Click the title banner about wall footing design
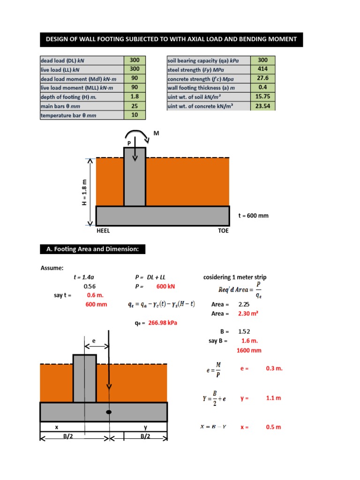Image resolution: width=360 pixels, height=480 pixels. [171, 39]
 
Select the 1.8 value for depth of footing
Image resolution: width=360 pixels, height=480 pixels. [135, 96]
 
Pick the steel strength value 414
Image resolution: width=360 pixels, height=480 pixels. [263, 69]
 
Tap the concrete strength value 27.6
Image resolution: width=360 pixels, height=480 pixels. [263, 78]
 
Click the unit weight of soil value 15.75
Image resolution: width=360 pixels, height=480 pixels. [263, 96]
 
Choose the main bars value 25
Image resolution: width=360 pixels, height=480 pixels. [135, 105]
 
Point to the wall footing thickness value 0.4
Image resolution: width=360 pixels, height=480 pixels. [263, 87]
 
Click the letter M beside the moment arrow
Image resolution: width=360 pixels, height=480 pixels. [157, 134]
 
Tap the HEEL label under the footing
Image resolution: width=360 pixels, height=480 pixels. [103, 231]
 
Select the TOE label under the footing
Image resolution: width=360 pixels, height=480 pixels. [224, 231]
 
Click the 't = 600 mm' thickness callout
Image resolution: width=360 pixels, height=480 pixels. [254, 216]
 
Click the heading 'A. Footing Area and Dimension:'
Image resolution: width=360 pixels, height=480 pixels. [93, 249]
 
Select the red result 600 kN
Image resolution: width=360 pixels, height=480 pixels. [165, 286]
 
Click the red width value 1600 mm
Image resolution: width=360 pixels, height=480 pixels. [249, 350]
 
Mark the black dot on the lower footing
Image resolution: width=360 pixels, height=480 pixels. [109, 412]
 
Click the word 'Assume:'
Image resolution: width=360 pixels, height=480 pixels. [52, 268]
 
